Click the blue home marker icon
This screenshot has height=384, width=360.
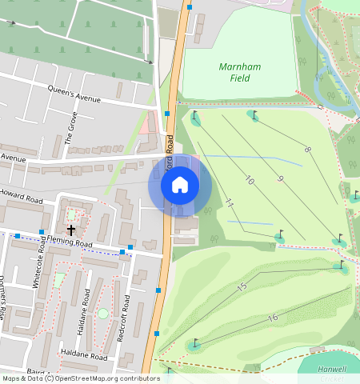180,185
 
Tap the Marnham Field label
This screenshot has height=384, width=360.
234,72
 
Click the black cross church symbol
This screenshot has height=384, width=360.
71,230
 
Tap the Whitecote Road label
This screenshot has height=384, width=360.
37,265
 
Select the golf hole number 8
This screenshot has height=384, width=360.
307,149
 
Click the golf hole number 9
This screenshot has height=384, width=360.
280,179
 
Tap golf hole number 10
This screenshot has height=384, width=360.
250,182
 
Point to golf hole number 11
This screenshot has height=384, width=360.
229,203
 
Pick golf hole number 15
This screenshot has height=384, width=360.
242,286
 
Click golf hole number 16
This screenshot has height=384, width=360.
273,318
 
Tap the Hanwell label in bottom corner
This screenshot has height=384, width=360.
330,369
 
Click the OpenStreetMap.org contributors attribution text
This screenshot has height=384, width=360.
107,378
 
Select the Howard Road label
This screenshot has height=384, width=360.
22,197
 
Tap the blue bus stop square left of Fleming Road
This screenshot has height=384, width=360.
17,236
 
